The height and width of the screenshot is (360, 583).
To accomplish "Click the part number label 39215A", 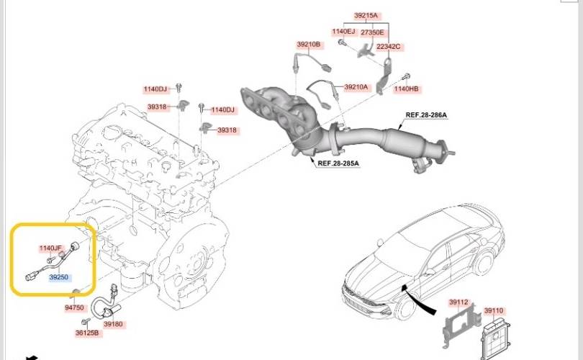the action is point(366,16).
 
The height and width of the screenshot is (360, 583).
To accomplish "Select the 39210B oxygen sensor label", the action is point(309,45).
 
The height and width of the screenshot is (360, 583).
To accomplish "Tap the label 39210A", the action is point(356,87).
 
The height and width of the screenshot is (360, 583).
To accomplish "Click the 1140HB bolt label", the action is point(407,89).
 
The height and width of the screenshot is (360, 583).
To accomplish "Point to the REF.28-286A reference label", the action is point(426,115).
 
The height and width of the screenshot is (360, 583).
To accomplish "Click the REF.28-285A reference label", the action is point(338,163).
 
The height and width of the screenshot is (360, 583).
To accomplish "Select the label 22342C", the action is point(389,47).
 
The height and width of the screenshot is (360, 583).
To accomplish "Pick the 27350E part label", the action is point(372,32).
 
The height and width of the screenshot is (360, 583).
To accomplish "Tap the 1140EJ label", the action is point(343,32).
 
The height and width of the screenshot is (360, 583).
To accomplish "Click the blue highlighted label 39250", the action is point(59,277).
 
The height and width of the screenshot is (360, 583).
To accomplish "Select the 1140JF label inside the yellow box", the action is point(50,248).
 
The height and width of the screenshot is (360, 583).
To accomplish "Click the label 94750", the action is point(74,308).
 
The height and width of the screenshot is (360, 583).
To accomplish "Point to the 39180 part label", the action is point(113,324).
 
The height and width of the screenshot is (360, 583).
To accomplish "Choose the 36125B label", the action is point(87,333).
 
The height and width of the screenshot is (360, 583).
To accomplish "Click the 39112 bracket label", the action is point(458,302).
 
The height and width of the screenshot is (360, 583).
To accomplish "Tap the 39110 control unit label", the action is point(494,310).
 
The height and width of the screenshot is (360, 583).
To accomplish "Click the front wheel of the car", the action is point(405,308).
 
